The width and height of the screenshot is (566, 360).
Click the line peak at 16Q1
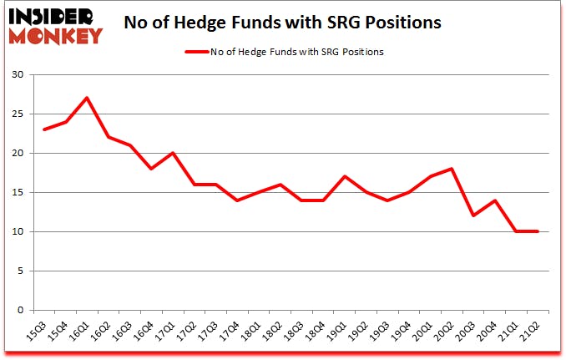click(x=87, y=98)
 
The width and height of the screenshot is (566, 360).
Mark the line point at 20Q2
click(x=451, y=169)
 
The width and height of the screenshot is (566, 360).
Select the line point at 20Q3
click(x=473, y=215)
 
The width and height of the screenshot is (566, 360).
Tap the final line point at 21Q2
click(x=538, y=231)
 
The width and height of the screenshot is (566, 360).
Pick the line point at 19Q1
click(x=342, y=176)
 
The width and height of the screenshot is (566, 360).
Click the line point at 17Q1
click(x=173, y=153)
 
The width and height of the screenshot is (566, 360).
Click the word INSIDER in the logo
click(x=55, y=15)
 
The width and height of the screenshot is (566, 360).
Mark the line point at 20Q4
click(x=494, y=200)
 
